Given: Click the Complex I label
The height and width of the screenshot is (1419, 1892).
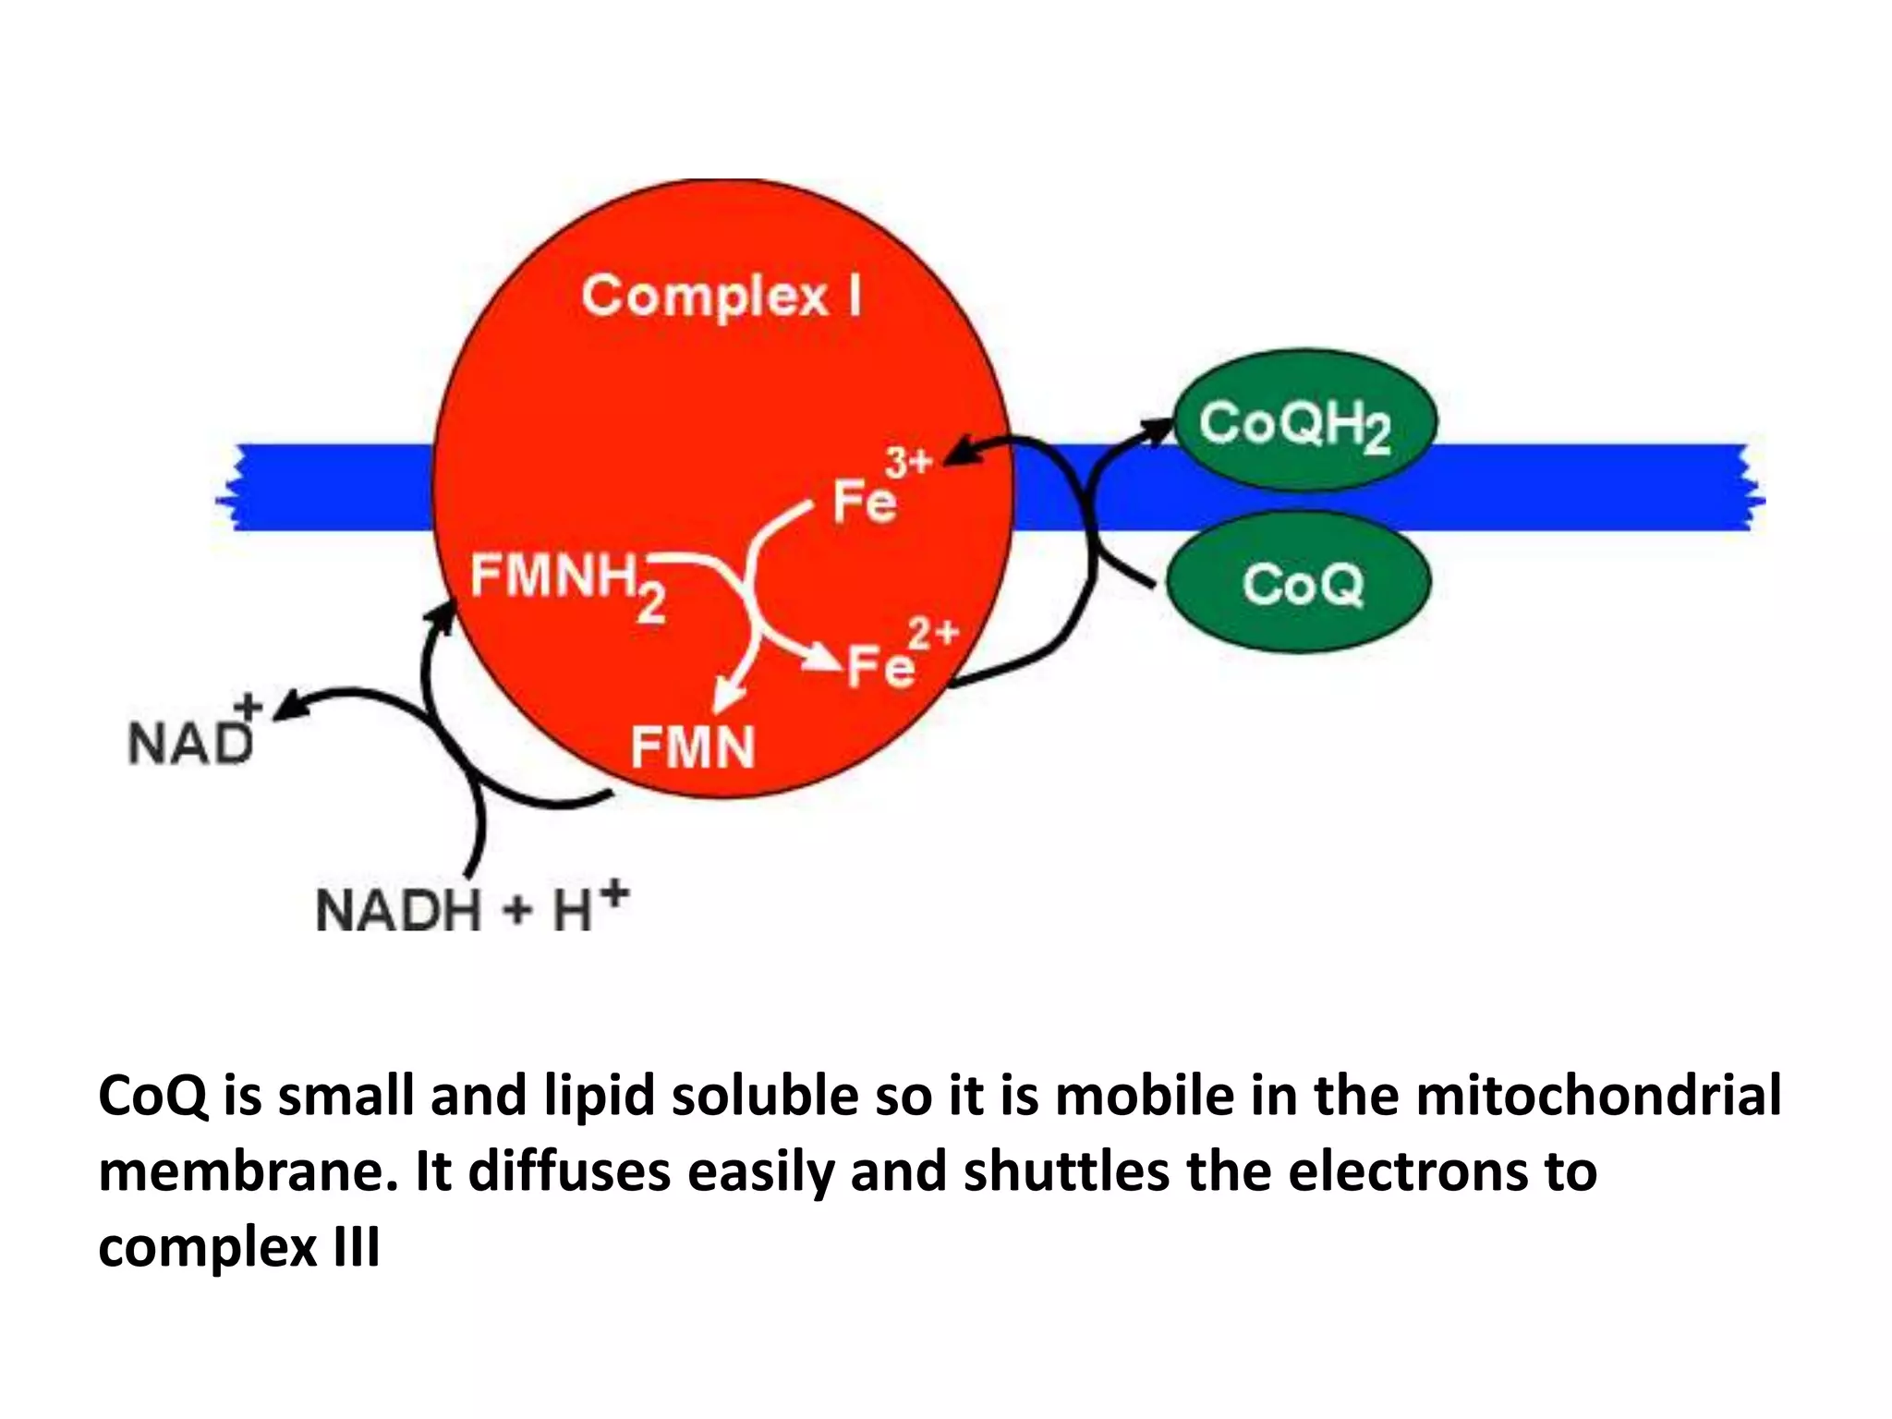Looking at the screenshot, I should [722, 297].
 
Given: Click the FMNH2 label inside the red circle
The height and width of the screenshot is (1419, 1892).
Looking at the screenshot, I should [567, 582].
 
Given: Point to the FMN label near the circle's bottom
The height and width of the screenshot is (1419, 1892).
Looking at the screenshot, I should [692, 746].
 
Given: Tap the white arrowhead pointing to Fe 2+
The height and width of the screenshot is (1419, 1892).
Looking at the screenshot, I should [822, 658].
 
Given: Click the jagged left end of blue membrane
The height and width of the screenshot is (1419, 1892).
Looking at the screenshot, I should [231, 487].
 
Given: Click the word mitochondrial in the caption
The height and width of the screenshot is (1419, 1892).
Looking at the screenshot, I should [1598, 1097].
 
